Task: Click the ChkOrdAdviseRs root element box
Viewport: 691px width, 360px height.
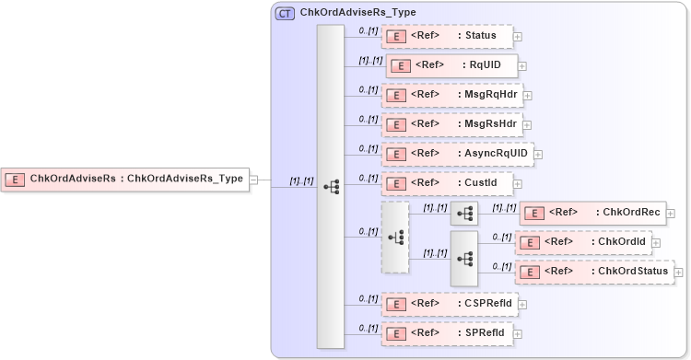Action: [x=127, y=179]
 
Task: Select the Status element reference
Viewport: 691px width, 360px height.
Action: [x=447, y=37]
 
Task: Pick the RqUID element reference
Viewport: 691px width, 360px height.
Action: [x=451, y=65]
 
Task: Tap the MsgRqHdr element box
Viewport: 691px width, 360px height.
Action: [x=451, y=95]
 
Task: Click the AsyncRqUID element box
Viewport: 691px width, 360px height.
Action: [x=457, y=154]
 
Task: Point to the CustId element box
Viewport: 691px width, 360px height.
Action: [x=447, y=183]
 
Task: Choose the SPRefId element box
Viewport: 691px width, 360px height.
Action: [x=447, y=331]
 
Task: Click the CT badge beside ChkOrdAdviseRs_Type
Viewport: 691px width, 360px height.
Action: [x=285, y=14]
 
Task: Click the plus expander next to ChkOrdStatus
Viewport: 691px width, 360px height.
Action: [x=678, y=272]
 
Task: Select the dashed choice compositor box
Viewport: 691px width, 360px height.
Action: [x=395, y=238]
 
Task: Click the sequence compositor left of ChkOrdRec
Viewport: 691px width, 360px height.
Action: [x=463, y=214]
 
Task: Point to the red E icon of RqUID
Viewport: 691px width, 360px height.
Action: [x=401, y=66]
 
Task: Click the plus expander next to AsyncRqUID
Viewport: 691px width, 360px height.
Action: [x=538, y=154]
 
